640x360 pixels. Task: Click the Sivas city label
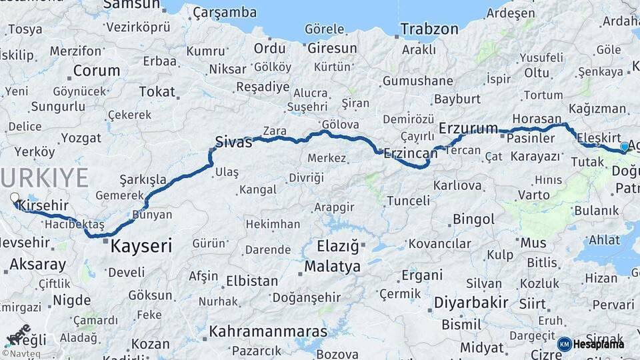(233, 141)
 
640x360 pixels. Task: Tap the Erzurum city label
(469, 128)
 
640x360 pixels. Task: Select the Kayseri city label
(141, 246)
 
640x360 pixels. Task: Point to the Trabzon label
(429, 29)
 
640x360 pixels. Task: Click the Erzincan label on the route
(410, 153)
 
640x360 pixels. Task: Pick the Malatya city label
(333, 267)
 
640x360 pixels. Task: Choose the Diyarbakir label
(471, 303)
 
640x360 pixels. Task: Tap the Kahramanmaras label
(268, 331)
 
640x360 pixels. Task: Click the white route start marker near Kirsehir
(15, 197)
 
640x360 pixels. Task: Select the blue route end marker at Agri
(624, 146)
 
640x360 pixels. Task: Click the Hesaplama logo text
(600, 344)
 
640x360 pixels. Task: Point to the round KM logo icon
(565, 344)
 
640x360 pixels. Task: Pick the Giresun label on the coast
(332, 49)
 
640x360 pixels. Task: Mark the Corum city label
(97, 71)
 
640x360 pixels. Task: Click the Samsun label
(132, 5)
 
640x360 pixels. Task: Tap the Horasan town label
(537, 118)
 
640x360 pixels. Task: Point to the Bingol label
(473, 219)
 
